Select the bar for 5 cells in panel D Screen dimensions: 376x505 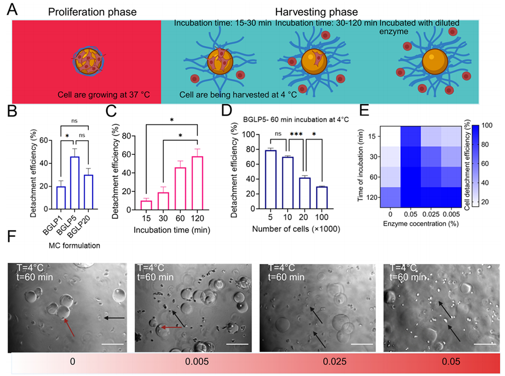tap(270, 180)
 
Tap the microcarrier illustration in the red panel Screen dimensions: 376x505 tap(86, 58)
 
